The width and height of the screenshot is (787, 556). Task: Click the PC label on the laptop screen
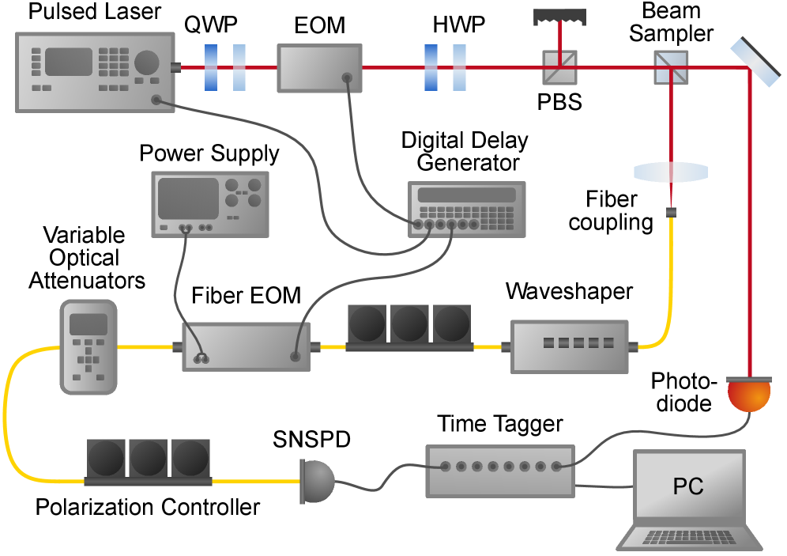click(687, 486)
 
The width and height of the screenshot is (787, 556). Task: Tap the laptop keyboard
click(690, 538)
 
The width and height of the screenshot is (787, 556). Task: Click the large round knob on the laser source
click(147, 62)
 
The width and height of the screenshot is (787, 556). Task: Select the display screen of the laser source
click(69, 62)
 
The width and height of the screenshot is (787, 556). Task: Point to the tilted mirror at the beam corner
click(755, 62)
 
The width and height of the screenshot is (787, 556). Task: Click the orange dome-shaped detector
click(748, 395)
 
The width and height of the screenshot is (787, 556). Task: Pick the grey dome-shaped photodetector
click(318, 482)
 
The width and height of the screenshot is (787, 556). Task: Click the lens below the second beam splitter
click(671, 172)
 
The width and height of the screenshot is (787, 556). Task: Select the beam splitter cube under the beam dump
click(559, 68)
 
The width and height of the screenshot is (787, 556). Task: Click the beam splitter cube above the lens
click(671, 68)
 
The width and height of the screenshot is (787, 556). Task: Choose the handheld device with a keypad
click(88, 346)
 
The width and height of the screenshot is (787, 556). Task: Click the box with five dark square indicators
click(569, 346)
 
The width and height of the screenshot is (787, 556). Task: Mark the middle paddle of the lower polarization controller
click(149, 458)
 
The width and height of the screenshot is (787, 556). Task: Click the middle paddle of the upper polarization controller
click(409, 324)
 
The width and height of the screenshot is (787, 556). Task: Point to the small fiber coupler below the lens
click(671, 212)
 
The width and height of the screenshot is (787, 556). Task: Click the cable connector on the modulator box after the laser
click(347, 78)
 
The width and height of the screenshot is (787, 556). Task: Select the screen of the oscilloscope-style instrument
click(188, 198)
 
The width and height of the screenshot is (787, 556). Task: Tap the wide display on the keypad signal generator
click(466, 195)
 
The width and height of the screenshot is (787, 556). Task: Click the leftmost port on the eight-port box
click(446, 467)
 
